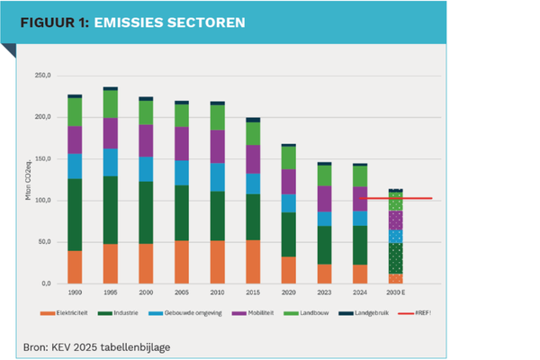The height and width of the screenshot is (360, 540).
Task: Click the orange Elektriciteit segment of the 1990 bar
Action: (x=75, y=267)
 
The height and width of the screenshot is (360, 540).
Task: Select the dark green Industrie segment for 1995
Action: (x=111, y=210)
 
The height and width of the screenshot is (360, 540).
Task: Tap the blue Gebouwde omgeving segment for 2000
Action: (x=145, y=169)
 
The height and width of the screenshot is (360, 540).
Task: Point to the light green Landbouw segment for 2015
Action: (x=252, y=133)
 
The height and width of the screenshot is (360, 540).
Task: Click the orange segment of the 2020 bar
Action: (x=288, y=270)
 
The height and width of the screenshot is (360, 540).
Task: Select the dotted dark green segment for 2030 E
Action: (x=394, y=258)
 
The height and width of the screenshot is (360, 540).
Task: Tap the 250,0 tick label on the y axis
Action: (x=42, y=76)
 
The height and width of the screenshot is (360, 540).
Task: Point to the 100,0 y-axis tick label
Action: (x=42, y=201)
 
